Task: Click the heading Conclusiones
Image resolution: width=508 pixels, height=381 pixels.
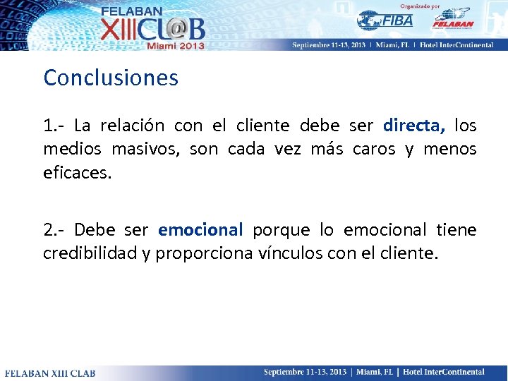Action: click(111, 78)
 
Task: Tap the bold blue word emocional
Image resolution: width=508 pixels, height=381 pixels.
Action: click(200, 230)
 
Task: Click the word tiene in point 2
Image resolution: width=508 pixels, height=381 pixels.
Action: click(456, 230)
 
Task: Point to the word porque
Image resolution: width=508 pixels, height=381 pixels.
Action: click(281, 230)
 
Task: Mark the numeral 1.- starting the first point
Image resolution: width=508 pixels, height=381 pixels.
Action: click(54, 126)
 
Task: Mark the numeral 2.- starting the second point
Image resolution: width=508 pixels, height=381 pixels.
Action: click(54, 230)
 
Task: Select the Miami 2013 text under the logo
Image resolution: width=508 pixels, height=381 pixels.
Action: click(175, 45)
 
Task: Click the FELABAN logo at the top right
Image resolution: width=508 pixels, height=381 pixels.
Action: click(452, 19)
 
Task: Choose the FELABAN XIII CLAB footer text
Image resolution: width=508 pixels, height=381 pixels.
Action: click(50, 373)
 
